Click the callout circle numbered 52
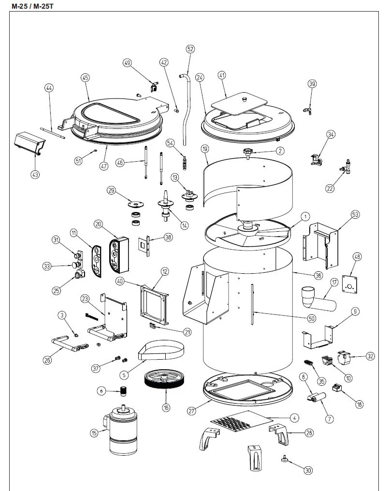(190, 49)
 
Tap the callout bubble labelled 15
(94, 433)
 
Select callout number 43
(35, 175)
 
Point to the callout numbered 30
(308, 470)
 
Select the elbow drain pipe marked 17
(316, 300)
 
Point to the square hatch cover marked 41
(239, 104)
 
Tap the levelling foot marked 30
(284, 461)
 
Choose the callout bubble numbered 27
(192, 411)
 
